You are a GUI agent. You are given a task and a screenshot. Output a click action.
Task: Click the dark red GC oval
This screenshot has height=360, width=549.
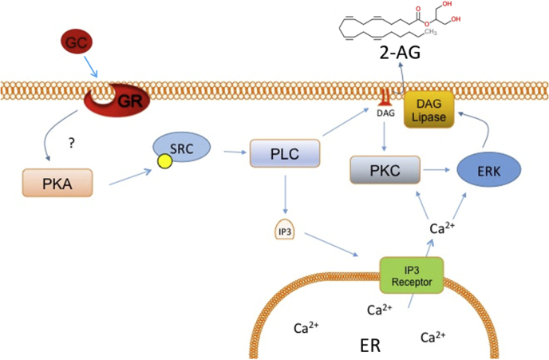click(77, 42)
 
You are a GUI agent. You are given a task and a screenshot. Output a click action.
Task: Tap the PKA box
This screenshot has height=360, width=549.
click(57, 183)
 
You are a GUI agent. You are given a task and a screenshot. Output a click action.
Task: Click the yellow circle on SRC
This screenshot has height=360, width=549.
click(165, 161)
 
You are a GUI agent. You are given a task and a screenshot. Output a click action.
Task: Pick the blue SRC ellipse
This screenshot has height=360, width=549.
click(182, 148)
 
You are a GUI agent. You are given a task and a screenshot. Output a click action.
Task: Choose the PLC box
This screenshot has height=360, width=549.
click(285, 153)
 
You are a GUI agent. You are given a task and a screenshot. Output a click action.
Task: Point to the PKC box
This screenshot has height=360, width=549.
click(385, 170)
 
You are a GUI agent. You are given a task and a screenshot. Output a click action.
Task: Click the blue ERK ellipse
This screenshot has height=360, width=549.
click(489, 171)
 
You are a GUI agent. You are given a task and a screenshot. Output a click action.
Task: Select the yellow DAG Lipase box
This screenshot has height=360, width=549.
click(429, 109)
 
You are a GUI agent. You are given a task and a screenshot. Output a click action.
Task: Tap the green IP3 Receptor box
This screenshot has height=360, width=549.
click(412, 276)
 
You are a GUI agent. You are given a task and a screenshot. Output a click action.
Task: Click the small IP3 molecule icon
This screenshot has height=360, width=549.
click(285, 230)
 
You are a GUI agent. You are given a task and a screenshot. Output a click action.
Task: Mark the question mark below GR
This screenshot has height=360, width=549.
click(72, 143)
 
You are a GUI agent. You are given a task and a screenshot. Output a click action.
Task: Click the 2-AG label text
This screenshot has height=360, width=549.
click(400, 53)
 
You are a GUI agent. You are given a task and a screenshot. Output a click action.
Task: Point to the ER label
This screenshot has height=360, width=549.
click(370, 346)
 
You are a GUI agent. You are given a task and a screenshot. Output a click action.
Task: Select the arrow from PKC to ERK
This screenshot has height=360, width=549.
click(436, 170)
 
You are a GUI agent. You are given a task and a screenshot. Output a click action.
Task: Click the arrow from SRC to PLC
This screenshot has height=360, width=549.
click(235, 152)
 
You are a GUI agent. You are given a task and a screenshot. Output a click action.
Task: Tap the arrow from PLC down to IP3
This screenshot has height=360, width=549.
click(285, 194)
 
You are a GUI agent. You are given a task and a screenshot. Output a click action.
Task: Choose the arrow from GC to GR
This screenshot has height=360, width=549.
click(91, 66)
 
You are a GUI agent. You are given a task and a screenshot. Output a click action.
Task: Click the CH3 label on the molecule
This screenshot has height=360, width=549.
click(430, 32)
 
